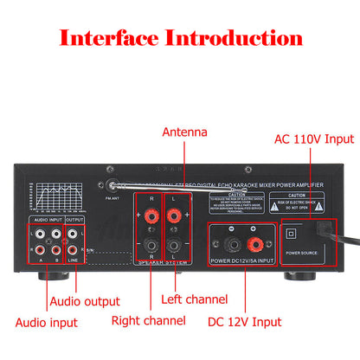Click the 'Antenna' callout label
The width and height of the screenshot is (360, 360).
(185, 132)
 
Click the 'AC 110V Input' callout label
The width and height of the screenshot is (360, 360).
(313, 138)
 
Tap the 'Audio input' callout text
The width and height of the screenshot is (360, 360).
(46, 322)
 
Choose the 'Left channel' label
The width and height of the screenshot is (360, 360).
(194, 300)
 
